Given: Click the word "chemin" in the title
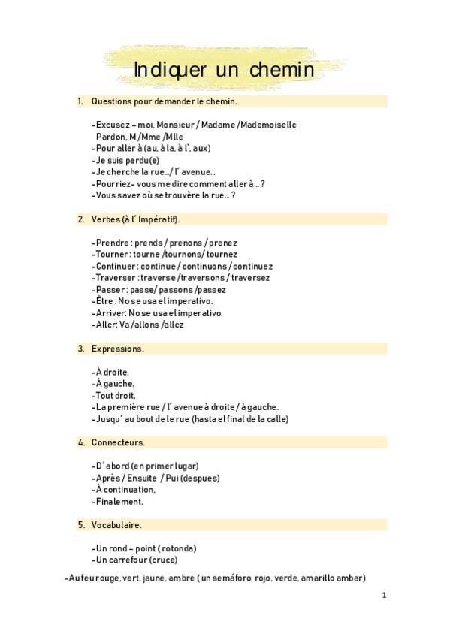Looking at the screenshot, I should click(277, 69).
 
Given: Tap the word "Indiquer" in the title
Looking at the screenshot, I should click(173, 69).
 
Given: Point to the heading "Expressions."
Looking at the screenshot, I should click(118, 349).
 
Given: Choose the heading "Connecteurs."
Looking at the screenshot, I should click(118, 442).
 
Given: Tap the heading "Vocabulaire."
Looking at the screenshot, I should click(116, 524).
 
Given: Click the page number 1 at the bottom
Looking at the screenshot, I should click(384, 595).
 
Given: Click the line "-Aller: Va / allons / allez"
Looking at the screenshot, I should click(137, 325).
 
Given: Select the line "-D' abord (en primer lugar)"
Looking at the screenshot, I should click(145, 466).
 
